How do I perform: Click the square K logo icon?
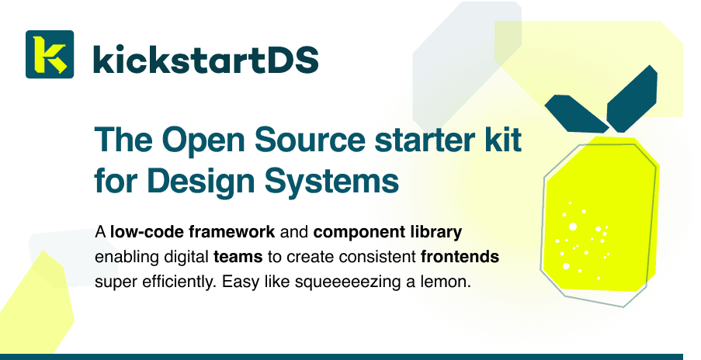[50, 54]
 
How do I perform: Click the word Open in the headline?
[204, 140]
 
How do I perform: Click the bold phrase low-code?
[147, 232]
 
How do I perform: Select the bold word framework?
[231, 232]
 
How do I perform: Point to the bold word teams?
[238, 258]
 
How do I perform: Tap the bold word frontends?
[460, 258]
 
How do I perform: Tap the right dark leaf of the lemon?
[632, 99]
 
